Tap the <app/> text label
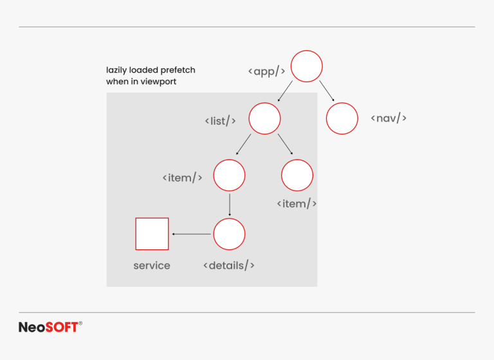tap(266, 71)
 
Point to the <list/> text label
tap(220, 121)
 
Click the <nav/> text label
tap(389, 118)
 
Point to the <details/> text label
tap(229, 265)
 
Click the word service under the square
tap(152, 265)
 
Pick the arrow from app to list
tap(285, 91)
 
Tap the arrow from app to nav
tap(327, 91)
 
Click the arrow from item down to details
tap(230, 204)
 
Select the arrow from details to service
tap(191, 234)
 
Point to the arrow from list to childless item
tap(286, 144)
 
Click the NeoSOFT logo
tap(50, 327)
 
